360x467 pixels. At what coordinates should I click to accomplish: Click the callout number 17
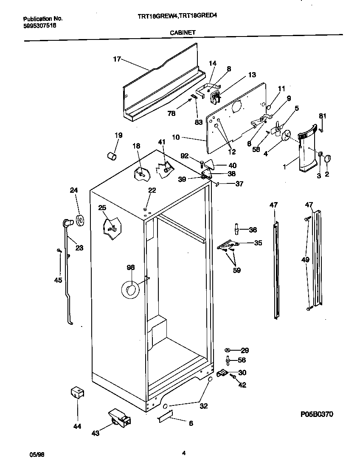point(117,59)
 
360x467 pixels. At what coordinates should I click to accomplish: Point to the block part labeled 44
point(77,393)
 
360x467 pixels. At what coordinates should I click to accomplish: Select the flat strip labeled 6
point(165,416)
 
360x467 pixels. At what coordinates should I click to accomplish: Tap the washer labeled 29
point(228,350)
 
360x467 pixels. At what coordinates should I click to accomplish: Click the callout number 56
point(242,360)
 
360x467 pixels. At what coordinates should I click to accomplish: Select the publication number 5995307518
point(39,25)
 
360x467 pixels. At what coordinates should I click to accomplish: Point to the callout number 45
point(58,280)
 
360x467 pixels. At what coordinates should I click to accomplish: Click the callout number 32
point(203,406)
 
